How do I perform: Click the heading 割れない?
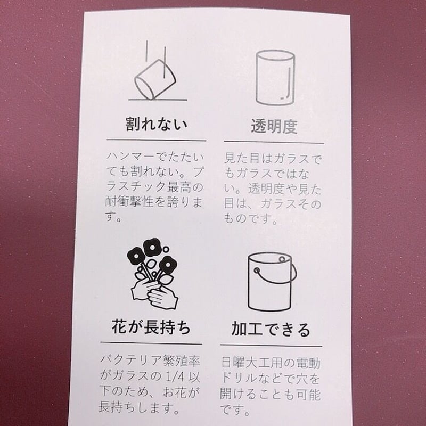tap(156, 126)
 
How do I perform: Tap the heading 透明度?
tap(274, 127)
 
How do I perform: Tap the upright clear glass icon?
tap(275, 78)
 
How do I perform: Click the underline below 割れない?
tap(156, 141)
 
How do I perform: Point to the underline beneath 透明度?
tap(274, 142)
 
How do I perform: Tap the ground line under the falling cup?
tap(158, 100)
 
